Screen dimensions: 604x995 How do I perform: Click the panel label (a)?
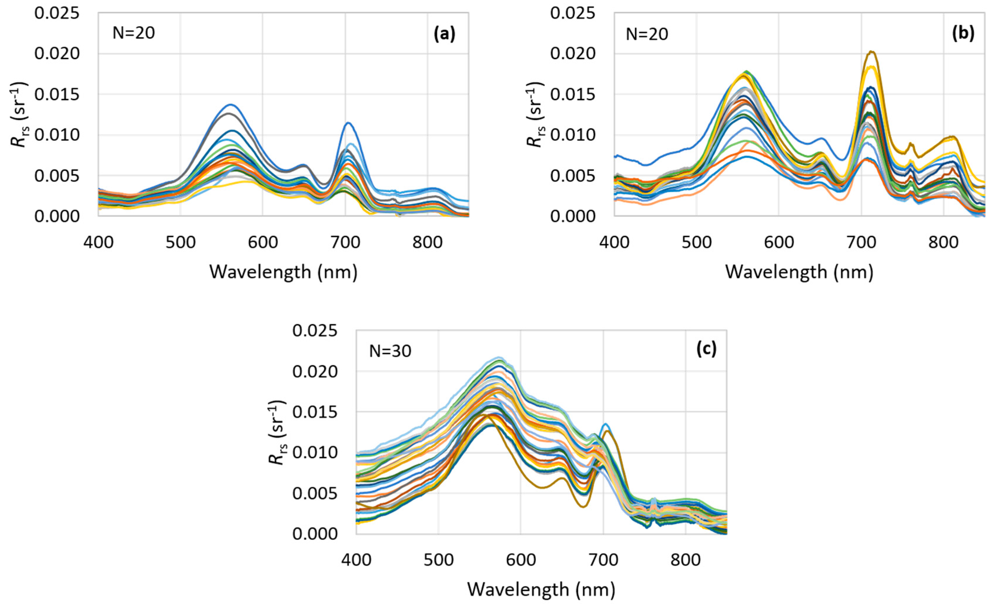pos(444,34)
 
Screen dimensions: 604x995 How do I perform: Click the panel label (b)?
pos(963,34)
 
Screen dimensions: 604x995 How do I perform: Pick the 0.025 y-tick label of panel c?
pos(315,331)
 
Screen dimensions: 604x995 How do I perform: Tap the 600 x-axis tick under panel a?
pos(262,242)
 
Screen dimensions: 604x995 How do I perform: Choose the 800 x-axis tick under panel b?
pos(943,242)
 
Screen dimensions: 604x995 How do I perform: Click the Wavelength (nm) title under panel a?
pos(283,272)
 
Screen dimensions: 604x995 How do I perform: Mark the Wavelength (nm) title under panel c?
pos(541,590)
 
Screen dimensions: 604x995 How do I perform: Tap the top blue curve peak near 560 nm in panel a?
pos(231,105)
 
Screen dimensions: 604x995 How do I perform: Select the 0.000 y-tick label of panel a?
pos(57,217)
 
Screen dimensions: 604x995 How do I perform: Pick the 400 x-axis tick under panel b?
pos(614,242)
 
